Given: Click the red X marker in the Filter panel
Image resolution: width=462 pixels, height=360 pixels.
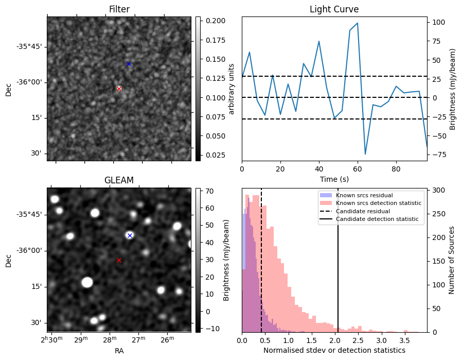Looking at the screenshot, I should tap(119, 89).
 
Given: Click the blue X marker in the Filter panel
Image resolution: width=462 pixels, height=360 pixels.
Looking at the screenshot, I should tap(129, 64).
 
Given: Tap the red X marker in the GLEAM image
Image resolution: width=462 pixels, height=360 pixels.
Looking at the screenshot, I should tap(119, 260).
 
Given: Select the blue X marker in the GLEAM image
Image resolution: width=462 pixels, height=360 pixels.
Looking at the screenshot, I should tap(130, 235).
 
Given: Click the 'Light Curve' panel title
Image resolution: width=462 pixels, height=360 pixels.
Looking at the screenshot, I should tap(334, 9).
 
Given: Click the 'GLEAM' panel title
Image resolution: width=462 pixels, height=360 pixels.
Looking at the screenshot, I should tap(119, 180).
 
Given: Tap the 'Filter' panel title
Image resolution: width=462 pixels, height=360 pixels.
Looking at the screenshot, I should tap(119, 9).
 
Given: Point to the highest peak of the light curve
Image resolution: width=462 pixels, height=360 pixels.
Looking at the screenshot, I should tap(358, 23).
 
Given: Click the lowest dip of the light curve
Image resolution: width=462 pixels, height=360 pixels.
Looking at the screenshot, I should tap(365, 154).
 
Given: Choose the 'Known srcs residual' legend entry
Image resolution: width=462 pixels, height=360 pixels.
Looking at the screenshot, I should tap(364, 195).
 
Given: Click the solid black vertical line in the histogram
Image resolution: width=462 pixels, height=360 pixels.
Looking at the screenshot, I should tap(338, 258).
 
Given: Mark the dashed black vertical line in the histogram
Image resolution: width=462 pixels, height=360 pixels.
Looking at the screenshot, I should tap(261, 258).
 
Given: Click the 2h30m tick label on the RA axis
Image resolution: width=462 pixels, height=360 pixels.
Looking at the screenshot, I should tap(52, 339).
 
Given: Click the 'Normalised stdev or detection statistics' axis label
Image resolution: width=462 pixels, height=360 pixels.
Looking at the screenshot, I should tap(334, 350).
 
